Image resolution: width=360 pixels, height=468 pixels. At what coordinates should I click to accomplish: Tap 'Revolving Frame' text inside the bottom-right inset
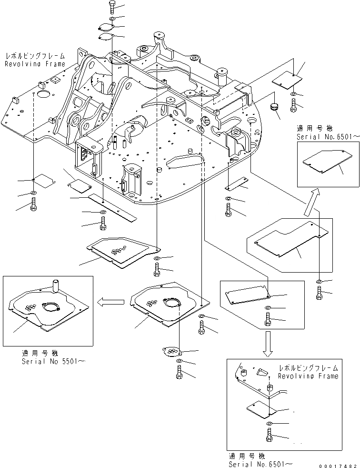tap(309, 376)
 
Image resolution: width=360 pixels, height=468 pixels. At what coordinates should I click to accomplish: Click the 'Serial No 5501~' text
tap(53, 361)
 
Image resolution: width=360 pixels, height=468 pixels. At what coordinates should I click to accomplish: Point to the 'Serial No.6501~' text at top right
tap(326, 136)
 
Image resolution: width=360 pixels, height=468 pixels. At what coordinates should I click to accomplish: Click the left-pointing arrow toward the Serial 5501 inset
tap(108, 301)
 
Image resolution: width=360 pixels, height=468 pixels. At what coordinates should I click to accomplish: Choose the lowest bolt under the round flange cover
tap(179, 375)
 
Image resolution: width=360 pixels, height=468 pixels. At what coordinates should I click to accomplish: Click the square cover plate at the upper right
tap(288, 80)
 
